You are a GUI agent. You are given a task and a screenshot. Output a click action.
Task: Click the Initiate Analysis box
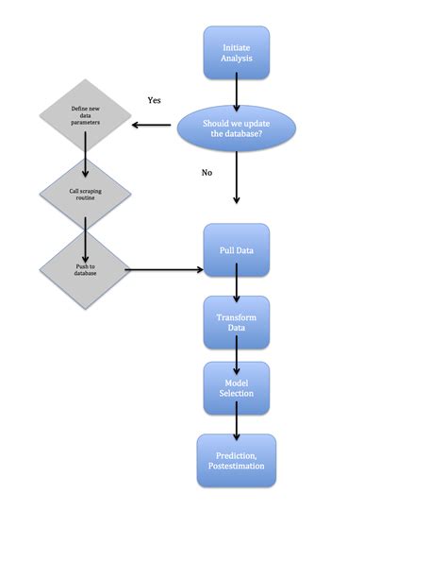point(237,53)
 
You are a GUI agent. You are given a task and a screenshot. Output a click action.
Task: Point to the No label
point(207,173)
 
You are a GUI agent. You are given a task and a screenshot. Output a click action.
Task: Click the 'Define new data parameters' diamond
point(86,117)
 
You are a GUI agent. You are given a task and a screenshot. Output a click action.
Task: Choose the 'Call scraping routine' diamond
point(86,195)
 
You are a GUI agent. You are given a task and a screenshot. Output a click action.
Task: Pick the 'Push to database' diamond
point(86,269)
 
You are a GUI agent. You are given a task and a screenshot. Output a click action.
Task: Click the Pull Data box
point(237,249)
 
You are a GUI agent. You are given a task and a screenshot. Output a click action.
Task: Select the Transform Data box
point(237,322)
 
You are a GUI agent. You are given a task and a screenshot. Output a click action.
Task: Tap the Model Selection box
point(237,387)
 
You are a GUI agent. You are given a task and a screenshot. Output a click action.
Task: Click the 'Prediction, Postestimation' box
point(237,460)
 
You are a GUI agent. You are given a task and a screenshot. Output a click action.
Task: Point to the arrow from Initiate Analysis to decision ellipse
point(237,93)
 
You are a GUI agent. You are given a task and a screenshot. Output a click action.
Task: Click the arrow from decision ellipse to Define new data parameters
point(156,126)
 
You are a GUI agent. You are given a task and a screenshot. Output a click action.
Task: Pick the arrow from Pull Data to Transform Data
point(237,283)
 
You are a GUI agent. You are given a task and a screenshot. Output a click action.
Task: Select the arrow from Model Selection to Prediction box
point(237,422)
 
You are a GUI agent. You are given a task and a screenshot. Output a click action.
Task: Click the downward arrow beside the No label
point(237,183)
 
